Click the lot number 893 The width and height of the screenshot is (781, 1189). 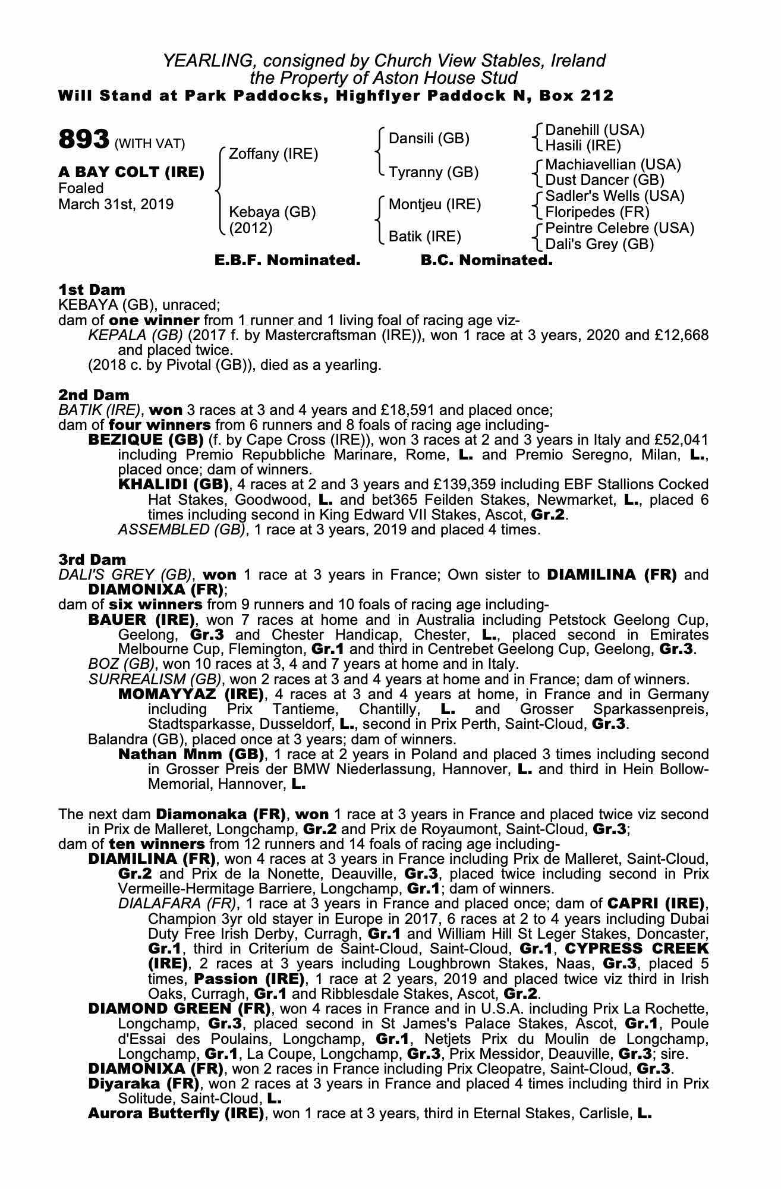(84, 140)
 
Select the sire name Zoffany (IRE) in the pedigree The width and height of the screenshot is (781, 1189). (273, 154)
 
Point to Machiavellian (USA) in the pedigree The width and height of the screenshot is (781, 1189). (613, 165)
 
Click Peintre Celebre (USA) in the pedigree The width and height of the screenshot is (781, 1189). (619, 228)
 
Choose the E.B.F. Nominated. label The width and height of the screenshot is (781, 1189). (287, 260)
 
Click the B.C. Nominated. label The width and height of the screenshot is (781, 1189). (486, 260)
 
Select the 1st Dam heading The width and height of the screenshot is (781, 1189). (92, 290)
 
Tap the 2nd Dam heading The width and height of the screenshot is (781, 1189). (93, 395)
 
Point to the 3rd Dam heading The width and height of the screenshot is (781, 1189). (93, 559)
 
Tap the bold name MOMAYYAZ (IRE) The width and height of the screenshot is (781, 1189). (191, 694)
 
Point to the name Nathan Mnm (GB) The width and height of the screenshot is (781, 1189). (191, 754)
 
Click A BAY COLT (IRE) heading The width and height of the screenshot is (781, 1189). (131, 172)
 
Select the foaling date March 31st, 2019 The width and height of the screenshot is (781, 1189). (116, 205)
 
